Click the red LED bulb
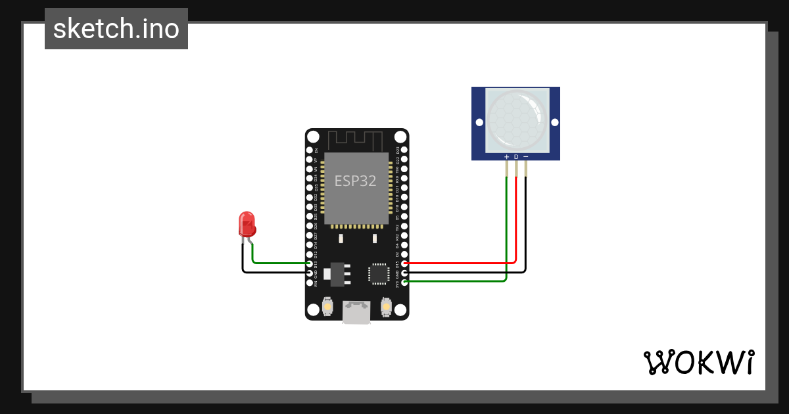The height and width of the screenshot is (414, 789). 247,223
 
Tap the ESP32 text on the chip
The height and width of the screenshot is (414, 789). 355,181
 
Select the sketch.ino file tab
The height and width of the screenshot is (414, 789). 116,29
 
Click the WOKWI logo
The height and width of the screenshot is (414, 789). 699,361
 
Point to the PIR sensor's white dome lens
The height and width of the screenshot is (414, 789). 516,118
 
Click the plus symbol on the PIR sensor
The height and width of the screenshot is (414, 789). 506,156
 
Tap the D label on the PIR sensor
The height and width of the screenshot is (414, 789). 516,156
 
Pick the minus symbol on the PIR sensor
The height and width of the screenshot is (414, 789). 525,156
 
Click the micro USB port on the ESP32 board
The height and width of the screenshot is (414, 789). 356,313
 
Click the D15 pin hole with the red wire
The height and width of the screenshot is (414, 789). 404,264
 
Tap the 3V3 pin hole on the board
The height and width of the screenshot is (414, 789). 404,282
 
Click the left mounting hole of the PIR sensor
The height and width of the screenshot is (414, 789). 479,123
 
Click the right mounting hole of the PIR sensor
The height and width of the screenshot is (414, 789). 554,123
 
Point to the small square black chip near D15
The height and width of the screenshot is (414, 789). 379,273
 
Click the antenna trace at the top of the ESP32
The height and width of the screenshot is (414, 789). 355,140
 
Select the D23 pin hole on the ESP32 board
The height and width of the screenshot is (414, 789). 404,150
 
